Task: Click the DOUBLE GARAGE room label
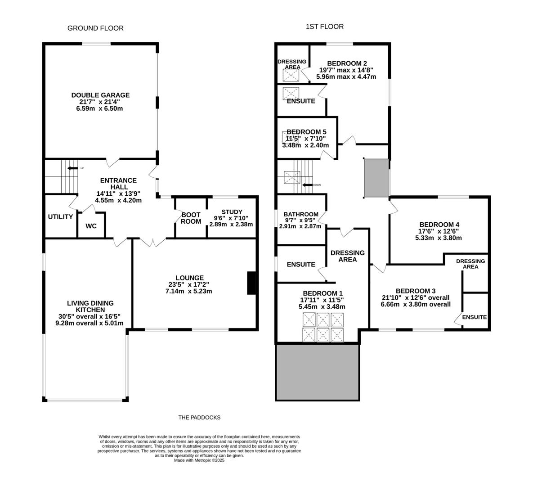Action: coord(100,95)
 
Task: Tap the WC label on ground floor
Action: coord(91,226)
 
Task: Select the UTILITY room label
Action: coord(60,217)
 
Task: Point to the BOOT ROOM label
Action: coord(191,218)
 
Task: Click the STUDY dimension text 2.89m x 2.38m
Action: coord(232,224)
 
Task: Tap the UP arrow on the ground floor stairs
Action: coord(72,168)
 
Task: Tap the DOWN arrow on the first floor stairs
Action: coord(308,184)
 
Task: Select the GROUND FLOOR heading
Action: coord(95,28)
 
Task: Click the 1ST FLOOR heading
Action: coord(325,27)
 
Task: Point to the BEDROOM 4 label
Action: coord(439,225)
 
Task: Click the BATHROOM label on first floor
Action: coord(301,214)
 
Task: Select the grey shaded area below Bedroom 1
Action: coord(318,372)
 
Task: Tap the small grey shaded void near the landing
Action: coord(376,178)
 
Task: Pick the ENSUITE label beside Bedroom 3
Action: coord(474,317)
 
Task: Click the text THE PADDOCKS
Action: coord(199,417)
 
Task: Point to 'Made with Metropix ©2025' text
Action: coord(199,460)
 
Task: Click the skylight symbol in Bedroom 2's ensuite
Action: coord(291,93)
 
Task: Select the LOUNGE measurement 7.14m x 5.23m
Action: coord(188,291)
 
